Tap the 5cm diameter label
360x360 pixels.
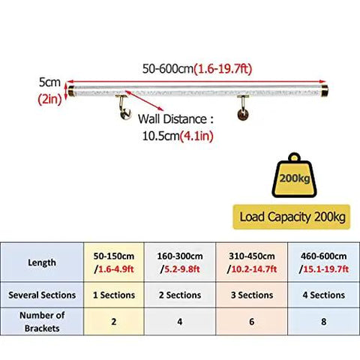pyautogui.click(x=49, y=82)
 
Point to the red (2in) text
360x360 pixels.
pyautogui.click(x=49, y=99)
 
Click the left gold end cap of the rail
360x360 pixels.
pyautogui.click(x=71, y=91)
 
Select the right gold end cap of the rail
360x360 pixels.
pyautogui.click(x=325, y=91)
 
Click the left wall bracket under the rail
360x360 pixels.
pyautogui.click(x=124, y=107)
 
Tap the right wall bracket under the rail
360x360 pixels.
pyautogui.click(x=243, y=107)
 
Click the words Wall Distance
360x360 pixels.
pyautogui.click(x=172, y=119)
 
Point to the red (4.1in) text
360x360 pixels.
pyautogui.click(x=196, y=136)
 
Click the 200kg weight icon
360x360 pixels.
pyautogui.click(x=294, y=175)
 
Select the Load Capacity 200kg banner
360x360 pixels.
pyautogui.click(x=292, y=217)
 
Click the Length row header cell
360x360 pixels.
pyautogui.click(x=42, y=262)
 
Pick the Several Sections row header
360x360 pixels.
pyautogui.click(x=42, y=295)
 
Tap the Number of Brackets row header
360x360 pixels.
pyautogui.click(x=42, y=322)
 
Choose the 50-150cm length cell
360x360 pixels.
pyautogui.click(x=114, y=262)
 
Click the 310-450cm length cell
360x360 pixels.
pyautogui.click(x=252, y=262)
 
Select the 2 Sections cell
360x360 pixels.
pyautogui.click(x=180, y=295)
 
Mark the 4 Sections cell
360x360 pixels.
pyautogui.click(x=324, y=295)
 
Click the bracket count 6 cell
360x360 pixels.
pyautogui.click(x=252, y=322)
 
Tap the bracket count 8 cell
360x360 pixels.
pyautogui.click(x=324, y=322)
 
